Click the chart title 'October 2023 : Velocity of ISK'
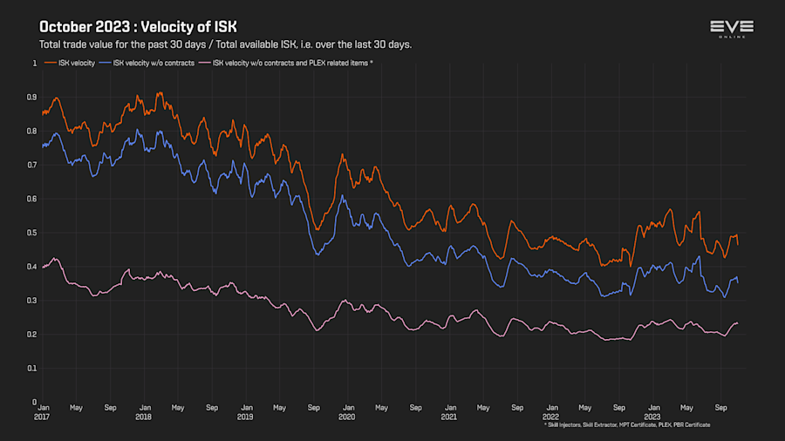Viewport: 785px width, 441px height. (138, 27)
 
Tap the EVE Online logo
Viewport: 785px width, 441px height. (731, 30)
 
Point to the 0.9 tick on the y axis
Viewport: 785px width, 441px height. (33, 98)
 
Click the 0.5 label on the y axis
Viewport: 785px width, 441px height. (33, 233)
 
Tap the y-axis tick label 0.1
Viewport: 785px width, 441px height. (33, 369)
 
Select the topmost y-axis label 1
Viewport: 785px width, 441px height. (35, 64)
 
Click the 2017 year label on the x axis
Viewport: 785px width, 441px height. (42, 417)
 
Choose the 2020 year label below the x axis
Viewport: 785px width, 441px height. (347, 417)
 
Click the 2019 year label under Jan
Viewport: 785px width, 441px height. (246, 417)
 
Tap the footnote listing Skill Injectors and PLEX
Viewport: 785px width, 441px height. (626, 424)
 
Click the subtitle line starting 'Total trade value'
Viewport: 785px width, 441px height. (225, 44)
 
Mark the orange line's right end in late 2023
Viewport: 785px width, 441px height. (738, 245)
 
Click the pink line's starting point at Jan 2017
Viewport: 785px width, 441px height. (42, 267)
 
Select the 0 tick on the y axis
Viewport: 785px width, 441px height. (35, 403)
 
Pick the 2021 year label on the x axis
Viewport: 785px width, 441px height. (449, 417)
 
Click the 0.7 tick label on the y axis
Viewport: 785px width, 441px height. (33, 165)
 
